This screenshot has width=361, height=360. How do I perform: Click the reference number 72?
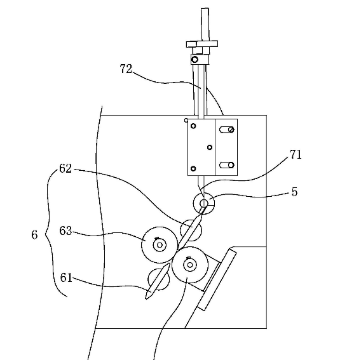(126, 69)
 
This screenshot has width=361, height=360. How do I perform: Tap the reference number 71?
(296, 154)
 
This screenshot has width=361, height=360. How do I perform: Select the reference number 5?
(294, 192)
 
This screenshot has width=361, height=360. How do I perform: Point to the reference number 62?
(65, 168)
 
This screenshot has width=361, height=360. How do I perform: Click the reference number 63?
(65, 230)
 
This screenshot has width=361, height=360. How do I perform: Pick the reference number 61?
(66, 277)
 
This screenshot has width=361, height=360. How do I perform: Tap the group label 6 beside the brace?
(34, 235)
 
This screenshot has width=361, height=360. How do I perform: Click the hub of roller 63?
(160, 245)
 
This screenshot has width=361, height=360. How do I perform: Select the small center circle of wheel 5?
(204, 203)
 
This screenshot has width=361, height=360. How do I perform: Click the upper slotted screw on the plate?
(231, 130)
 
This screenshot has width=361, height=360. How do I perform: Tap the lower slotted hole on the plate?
(227, 165)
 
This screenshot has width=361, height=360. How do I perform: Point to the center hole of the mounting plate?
(210, 147)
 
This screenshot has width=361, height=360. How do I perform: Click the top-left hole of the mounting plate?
(193, 126)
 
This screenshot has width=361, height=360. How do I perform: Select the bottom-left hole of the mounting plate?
(193, 169)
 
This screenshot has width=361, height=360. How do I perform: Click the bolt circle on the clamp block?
(194, 60)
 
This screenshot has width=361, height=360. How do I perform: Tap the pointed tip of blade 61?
(146, 298)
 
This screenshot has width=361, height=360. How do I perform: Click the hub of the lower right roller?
(190, 265)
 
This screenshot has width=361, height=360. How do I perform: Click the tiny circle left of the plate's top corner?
(186, 120)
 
